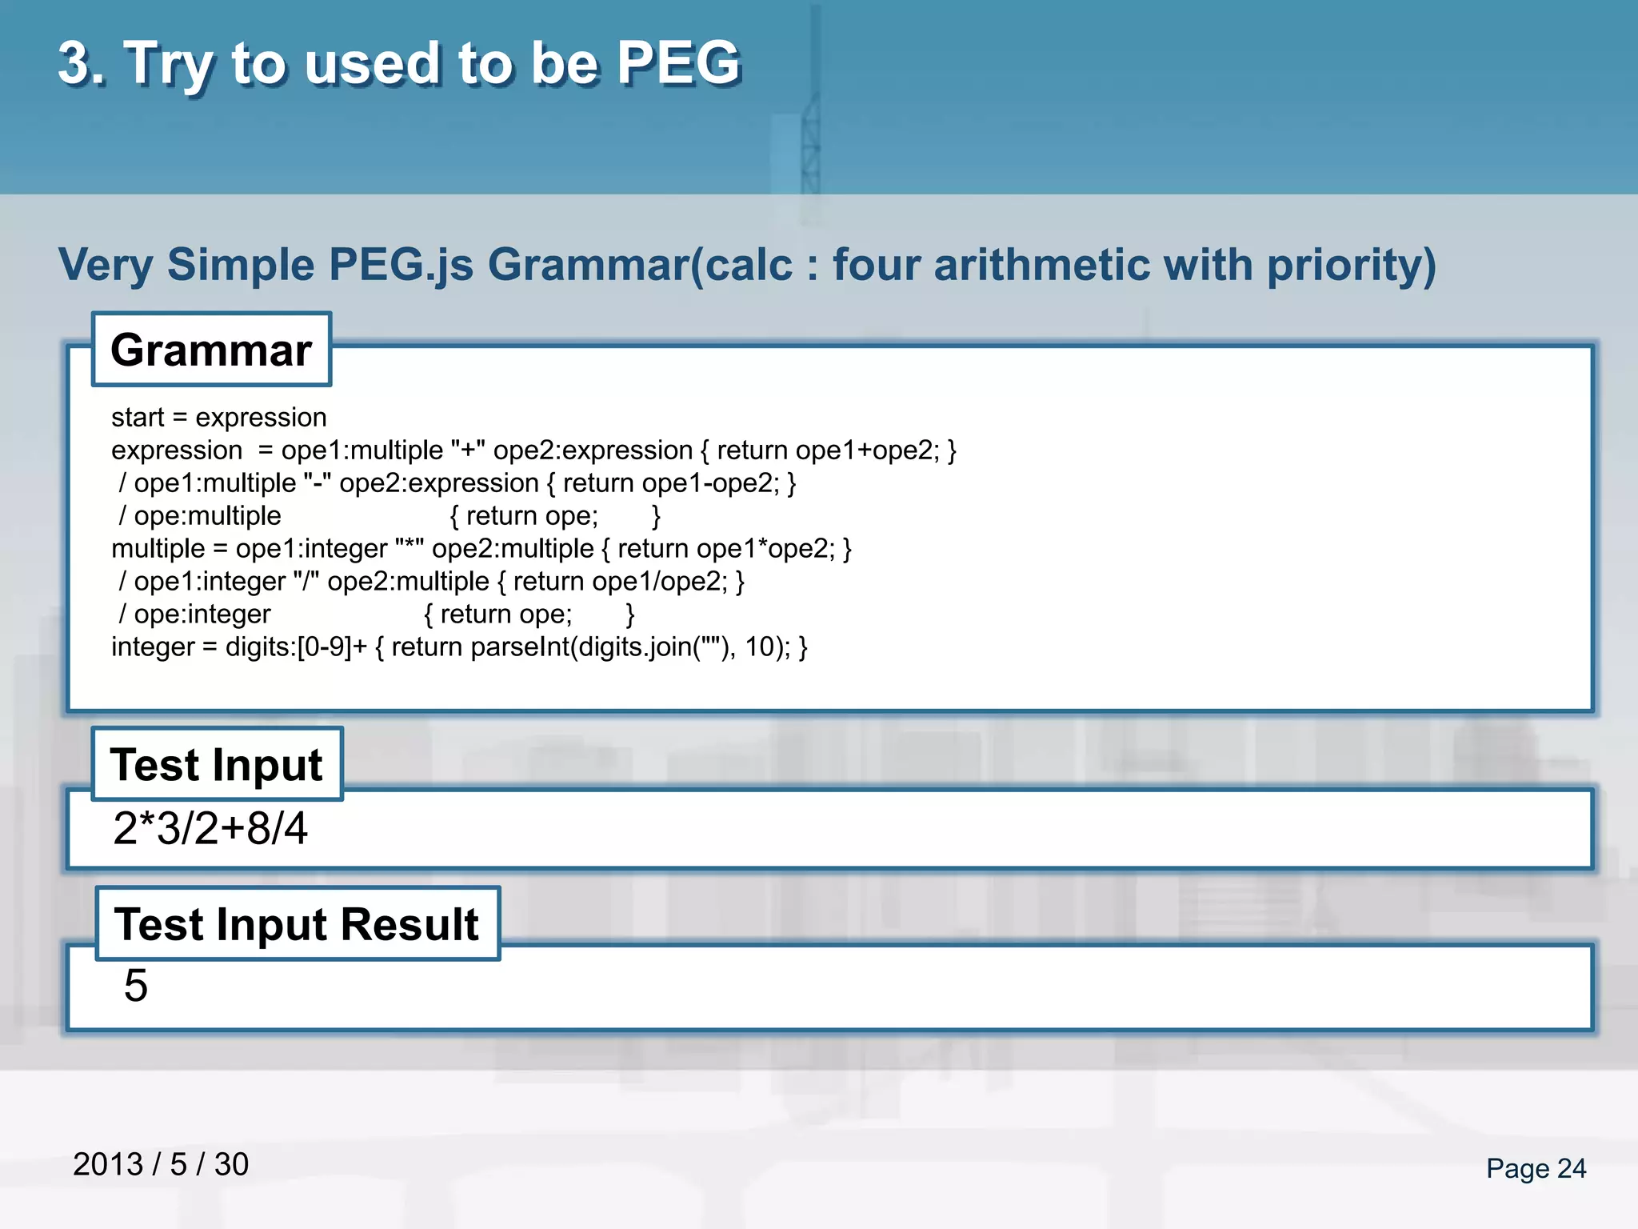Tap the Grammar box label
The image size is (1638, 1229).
click(211, 350)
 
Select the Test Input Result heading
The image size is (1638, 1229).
click(297, 924)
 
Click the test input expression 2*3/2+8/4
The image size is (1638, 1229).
click(210, 828)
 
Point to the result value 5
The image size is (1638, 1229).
click(136, 985)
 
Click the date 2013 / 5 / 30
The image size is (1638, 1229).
click(161, 1164)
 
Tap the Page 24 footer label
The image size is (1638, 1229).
click(1536, 1168)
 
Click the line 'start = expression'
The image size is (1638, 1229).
click(219, 418)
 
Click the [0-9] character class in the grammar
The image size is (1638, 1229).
click(324, 647)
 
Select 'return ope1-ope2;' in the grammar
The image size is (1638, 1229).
click(670, 483)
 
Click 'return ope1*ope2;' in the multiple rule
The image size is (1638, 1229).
click(725, 549)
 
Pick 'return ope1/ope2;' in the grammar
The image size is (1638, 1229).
click(620, 582)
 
